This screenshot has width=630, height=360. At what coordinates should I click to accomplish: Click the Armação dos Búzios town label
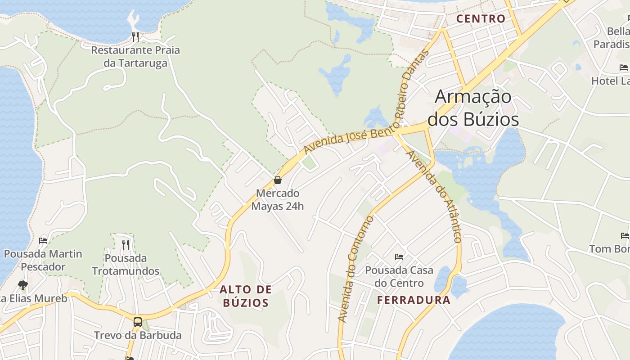pyautogui.click(x=473, y=108)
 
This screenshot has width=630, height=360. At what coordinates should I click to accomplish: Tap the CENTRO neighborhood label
pyautogui.click(x=481, y=19)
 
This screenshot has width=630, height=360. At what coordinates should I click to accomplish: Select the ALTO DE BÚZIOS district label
pyautogui.click(x=246, y=296)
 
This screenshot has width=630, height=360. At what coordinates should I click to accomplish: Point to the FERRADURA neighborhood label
pyautogui.click(x=414, y=300)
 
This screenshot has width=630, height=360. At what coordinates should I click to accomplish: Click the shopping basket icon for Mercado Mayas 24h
pyautogui.click(x=278, y=180)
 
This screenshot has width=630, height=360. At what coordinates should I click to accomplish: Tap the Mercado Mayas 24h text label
pyautogui.click(x=278, y=200)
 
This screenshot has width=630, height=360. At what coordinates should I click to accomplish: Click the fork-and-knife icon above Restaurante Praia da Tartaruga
pyautogui.click(x=135, y=36)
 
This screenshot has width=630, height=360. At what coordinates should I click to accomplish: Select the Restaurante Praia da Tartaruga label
pyautogui.click(x=135, y=56)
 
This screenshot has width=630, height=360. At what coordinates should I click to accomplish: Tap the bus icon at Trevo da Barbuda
pyautogui.click(x=138, y=322)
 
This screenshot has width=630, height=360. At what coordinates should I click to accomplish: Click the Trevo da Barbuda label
pyautogui.click(x=138, y=335)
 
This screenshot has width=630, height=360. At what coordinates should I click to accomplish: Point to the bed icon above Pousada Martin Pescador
pyautogui.click(x=43, y=240)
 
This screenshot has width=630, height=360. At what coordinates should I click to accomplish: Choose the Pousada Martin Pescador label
pyautogui.click(x=43, y=260)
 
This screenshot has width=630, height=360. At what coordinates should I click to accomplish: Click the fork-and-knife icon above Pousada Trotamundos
pyautogui.click(x=126, y=244)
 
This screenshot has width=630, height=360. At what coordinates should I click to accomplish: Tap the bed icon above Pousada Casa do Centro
pyautogui.click(x=399, y=257)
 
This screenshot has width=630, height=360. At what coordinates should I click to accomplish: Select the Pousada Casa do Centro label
pyautogui.click(x=399, y=276)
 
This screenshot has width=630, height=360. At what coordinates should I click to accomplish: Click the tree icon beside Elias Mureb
pyautogui.click(x=22, y=285)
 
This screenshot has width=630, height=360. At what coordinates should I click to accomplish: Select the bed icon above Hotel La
pyautogui.click(x=624, y=67)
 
